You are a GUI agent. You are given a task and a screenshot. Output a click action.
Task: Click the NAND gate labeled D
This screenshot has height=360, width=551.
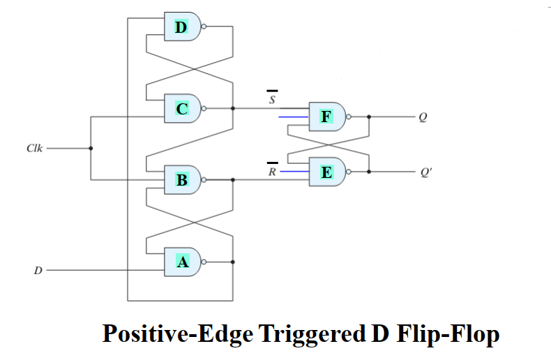tap(181, 27)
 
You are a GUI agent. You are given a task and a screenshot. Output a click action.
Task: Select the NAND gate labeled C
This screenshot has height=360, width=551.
tap(181, 108)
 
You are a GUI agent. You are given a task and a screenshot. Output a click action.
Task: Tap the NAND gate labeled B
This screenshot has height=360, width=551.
tap(181, 180)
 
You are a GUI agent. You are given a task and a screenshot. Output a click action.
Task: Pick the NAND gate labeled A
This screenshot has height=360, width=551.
tap(181, 262)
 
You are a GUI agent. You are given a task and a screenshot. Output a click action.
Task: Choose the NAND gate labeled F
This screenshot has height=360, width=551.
tap(326, 117)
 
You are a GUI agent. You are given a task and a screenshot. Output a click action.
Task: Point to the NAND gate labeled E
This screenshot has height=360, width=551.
tap(326, 172)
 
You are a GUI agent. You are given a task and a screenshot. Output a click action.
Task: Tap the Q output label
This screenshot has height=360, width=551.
tap(422, 117)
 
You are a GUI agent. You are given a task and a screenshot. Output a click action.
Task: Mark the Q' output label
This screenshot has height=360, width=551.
tap(425, 172)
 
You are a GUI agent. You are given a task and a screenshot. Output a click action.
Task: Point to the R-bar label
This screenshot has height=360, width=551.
tap(272, 170)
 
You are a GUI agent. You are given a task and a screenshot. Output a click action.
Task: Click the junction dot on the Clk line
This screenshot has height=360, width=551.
tap(91, 149)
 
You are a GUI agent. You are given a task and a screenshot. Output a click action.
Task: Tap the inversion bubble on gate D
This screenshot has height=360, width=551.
tap(204, 27)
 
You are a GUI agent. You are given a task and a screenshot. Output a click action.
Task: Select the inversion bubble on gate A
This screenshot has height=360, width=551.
tap(204, 262)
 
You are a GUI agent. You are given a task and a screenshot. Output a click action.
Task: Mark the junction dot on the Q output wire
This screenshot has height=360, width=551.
tap(368, 117)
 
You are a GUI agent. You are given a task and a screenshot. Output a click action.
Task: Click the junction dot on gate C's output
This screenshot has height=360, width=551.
tap(233, 108)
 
